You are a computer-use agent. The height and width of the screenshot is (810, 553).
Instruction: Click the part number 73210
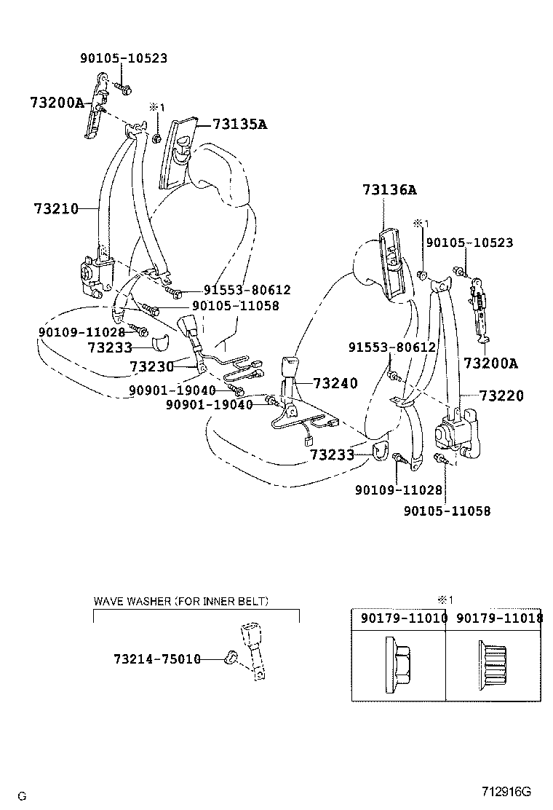[x=55, y=208]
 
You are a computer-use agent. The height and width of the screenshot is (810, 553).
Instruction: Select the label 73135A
[x=239, y=125]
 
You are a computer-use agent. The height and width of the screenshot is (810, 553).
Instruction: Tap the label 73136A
[x=390, y=191]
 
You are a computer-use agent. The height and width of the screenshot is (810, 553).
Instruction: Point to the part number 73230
[x=151, y=366]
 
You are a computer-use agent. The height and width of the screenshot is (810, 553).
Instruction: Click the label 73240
[x=335, y=383]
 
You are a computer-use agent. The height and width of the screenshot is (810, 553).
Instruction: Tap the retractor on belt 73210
[x=95, y=274]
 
